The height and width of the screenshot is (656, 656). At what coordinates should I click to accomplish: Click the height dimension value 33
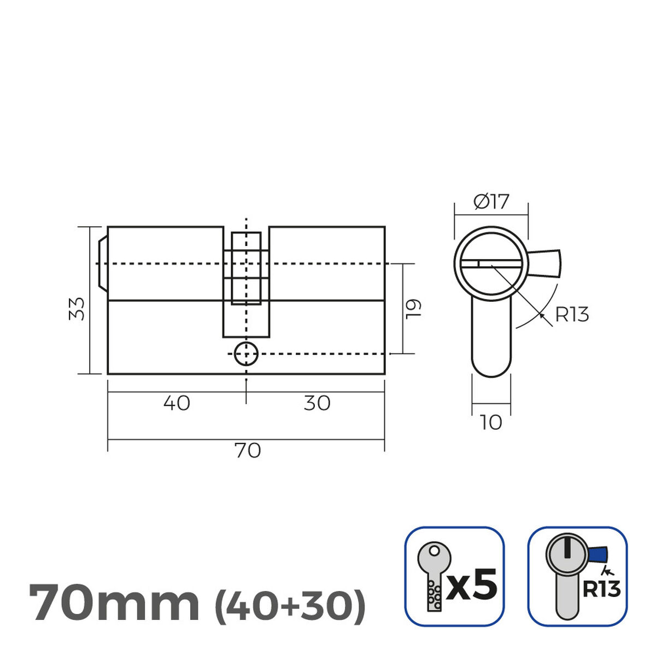(x=79, y=309)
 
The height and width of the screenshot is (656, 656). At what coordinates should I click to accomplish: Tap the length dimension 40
(x=177, y=403)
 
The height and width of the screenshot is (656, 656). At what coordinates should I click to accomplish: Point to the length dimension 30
(x=317, y=403)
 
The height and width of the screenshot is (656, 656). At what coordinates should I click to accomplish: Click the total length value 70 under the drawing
(x=247, y=451)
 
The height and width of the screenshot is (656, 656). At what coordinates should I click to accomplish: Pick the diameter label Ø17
(x=491, y=202)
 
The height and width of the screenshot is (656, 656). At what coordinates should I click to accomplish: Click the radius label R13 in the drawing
(x=572, y=315)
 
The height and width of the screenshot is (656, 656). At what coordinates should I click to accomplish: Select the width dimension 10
(x=491, y=423)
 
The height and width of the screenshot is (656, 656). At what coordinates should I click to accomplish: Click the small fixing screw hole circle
(x=246, y=354)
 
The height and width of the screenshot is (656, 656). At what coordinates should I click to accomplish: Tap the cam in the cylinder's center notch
(x=246, y=268)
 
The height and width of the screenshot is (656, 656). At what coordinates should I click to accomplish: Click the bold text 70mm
(x=114, y=604)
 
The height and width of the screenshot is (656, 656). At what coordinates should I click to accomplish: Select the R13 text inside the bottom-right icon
(x=601, y=589)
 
